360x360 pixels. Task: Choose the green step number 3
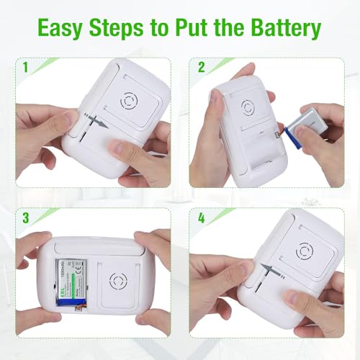tap(26, 217)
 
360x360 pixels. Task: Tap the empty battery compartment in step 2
tap(245, 155)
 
